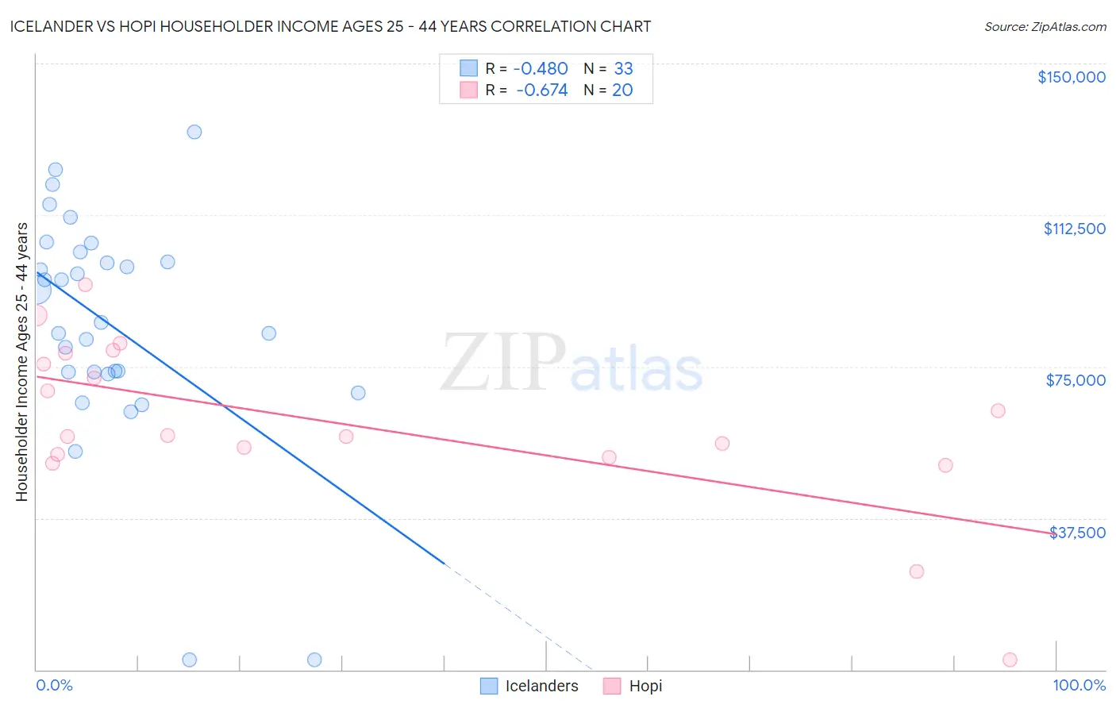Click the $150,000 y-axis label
click(1071, 77)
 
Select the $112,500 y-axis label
click(1074, 229)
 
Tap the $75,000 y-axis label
click(1076, 380)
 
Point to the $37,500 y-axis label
click(1077, 533)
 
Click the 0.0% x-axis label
click(54, 686)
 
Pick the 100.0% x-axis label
click(1079, 686)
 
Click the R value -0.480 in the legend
click(541, 69)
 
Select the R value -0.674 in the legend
click(542, 90)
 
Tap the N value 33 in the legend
click(623, 69)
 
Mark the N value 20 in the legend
click(622, 90)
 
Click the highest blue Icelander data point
click(194, 132)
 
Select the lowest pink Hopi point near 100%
click(1010, 660)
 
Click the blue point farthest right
click(358, 393)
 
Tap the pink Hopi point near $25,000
click(916, 571)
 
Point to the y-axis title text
click(21, 361)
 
